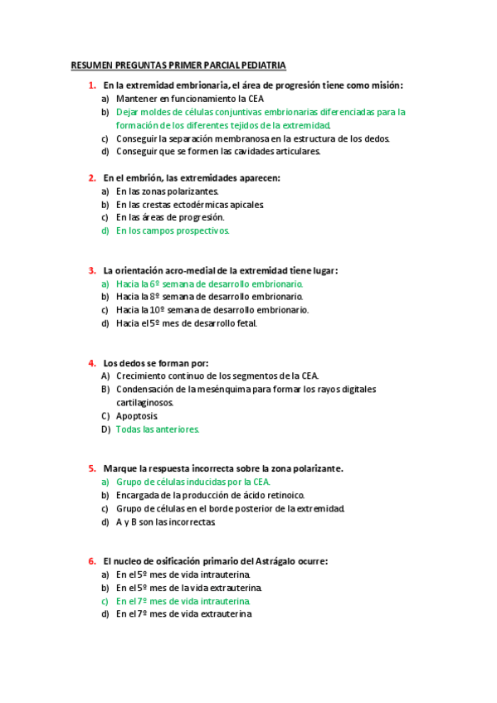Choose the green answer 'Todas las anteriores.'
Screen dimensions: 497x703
(x=158, y=429)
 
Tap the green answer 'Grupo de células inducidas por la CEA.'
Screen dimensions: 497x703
(x=193, y=482)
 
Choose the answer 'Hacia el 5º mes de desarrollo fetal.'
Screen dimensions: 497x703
(x=187, y=323)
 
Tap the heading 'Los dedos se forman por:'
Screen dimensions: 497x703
(x=155, y=362)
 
